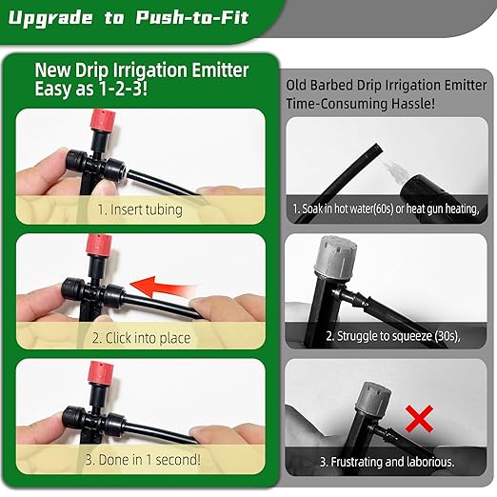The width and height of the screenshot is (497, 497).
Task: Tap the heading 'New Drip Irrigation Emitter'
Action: (142, 70)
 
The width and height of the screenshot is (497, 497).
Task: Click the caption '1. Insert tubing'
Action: (141, 208)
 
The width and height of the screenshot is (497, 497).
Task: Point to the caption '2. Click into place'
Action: (142, 337)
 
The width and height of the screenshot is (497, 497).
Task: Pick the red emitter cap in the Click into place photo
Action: (95, 247)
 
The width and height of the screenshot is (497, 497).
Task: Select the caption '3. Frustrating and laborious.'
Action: (387, 461)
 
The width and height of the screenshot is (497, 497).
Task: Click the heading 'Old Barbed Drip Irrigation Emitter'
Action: (388, 84)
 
